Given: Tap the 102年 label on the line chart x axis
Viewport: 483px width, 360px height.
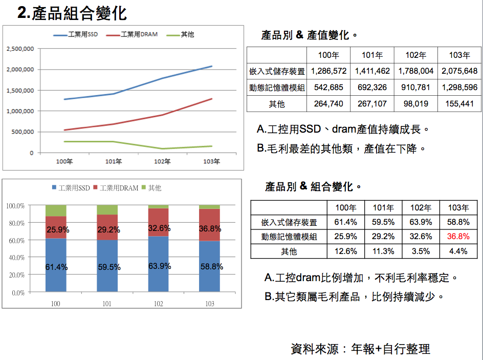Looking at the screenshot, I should click(162, 162).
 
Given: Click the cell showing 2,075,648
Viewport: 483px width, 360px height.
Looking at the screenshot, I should click(459, 71).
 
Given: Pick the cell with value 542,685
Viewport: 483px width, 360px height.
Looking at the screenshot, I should click(328, 88).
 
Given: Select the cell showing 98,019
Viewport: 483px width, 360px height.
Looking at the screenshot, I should click(415, 104).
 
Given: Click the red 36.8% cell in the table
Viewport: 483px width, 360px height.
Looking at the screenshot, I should click(458, 237).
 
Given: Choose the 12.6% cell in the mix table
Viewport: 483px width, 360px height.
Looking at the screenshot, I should click(346, 251).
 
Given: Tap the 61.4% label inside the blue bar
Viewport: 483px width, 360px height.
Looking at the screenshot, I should click(57, 267).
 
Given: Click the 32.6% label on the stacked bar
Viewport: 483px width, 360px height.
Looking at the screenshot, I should click(159, 228).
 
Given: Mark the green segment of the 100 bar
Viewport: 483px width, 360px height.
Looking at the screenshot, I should click(56, 210).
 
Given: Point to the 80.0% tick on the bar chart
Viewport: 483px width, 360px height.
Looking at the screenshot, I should click(15, 223).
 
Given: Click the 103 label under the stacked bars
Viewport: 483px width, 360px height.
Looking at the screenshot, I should click(209, 304).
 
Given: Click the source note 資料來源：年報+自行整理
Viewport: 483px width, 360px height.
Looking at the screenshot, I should click(360, 349).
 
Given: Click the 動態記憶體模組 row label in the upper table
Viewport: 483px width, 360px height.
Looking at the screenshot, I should click(276, 88).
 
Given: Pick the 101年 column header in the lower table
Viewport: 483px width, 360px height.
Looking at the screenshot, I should click(383, 208).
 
